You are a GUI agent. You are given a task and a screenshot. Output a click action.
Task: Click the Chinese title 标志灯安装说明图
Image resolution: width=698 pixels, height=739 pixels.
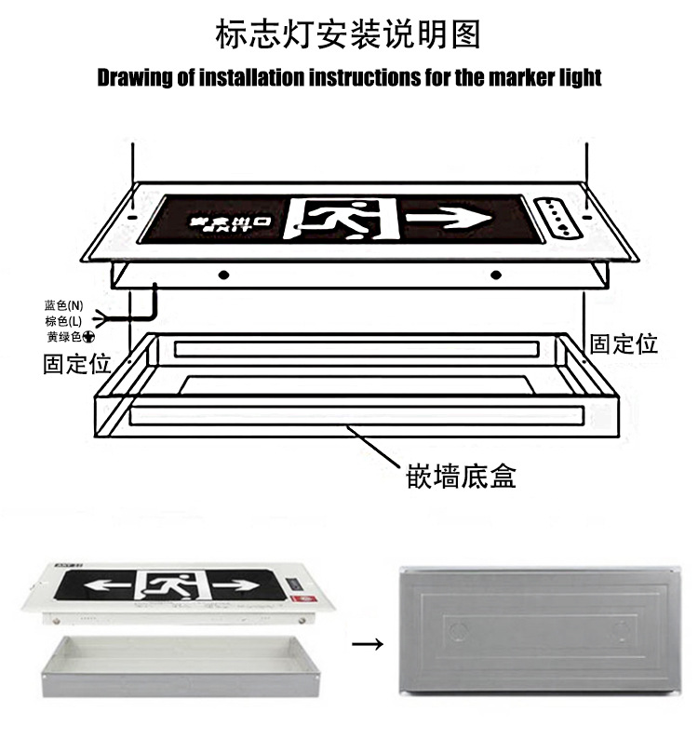click(348, 34)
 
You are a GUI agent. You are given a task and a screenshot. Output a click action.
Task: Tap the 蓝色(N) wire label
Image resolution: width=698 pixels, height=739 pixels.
click(64, 305)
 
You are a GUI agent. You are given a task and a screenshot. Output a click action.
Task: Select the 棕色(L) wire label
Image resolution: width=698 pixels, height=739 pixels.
click(63, 320)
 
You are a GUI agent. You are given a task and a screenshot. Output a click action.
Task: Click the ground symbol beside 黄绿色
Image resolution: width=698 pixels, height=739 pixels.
click(88, 336)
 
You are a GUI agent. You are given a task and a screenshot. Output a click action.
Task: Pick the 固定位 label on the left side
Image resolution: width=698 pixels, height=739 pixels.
click(77, 363)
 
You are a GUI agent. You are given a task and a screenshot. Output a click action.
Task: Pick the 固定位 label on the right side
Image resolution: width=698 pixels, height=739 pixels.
click(624, 343)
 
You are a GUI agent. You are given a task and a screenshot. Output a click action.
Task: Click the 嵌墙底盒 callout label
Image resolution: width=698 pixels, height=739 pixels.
click(461, 477)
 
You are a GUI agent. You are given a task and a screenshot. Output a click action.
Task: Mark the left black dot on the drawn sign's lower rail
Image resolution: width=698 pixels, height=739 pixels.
click(223, 275)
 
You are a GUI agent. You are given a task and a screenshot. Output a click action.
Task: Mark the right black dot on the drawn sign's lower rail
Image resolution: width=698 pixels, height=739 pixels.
click(495, 275)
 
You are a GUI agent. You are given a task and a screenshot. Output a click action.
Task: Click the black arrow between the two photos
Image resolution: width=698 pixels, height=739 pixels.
click(369, 642)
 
